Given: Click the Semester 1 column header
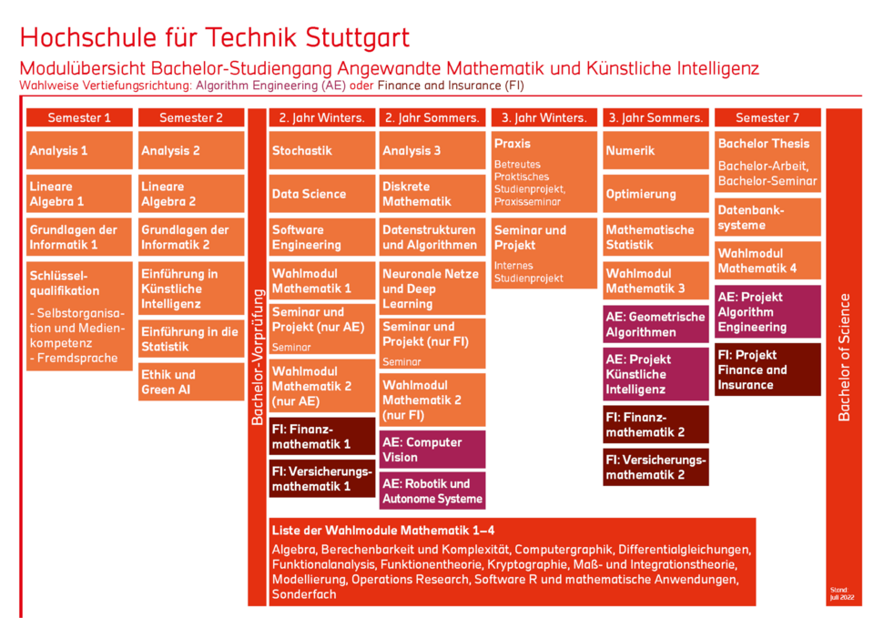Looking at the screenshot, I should pos(79,117).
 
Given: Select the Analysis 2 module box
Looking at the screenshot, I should pos(191,150).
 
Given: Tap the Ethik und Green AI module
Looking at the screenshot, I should pos(191,382).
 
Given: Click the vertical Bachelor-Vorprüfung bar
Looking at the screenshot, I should pos(258,357).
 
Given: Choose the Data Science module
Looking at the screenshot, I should pos(322,194).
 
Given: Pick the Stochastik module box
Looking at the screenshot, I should pos(322,150).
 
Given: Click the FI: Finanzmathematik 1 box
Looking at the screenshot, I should pos(322,436).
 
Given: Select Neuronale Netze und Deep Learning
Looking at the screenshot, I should pos(433,289).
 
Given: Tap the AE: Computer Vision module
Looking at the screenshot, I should pos(433,450).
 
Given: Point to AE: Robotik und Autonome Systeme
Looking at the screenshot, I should pos(433,491).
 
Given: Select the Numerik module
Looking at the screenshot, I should pos(655,150).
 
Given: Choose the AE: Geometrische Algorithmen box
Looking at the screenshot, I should pos(655,324).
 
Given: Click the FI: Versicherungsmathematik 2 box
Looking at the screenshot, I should pos(655,467).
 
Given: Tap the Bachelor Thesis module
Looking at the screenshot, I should pos(767,162).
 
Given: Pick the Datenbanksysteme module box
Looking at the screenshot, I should pos(767,217).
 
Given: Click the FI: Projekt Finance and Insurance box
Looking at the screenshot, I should pos(767,370).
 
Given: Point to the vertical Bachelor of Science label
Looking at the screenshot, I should pos(844,357).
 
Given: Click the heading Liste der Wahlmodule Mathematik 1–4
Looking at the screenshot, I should pos(382,530).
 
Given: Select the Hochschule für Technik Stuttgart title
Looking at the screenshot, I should pos(215,37).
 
